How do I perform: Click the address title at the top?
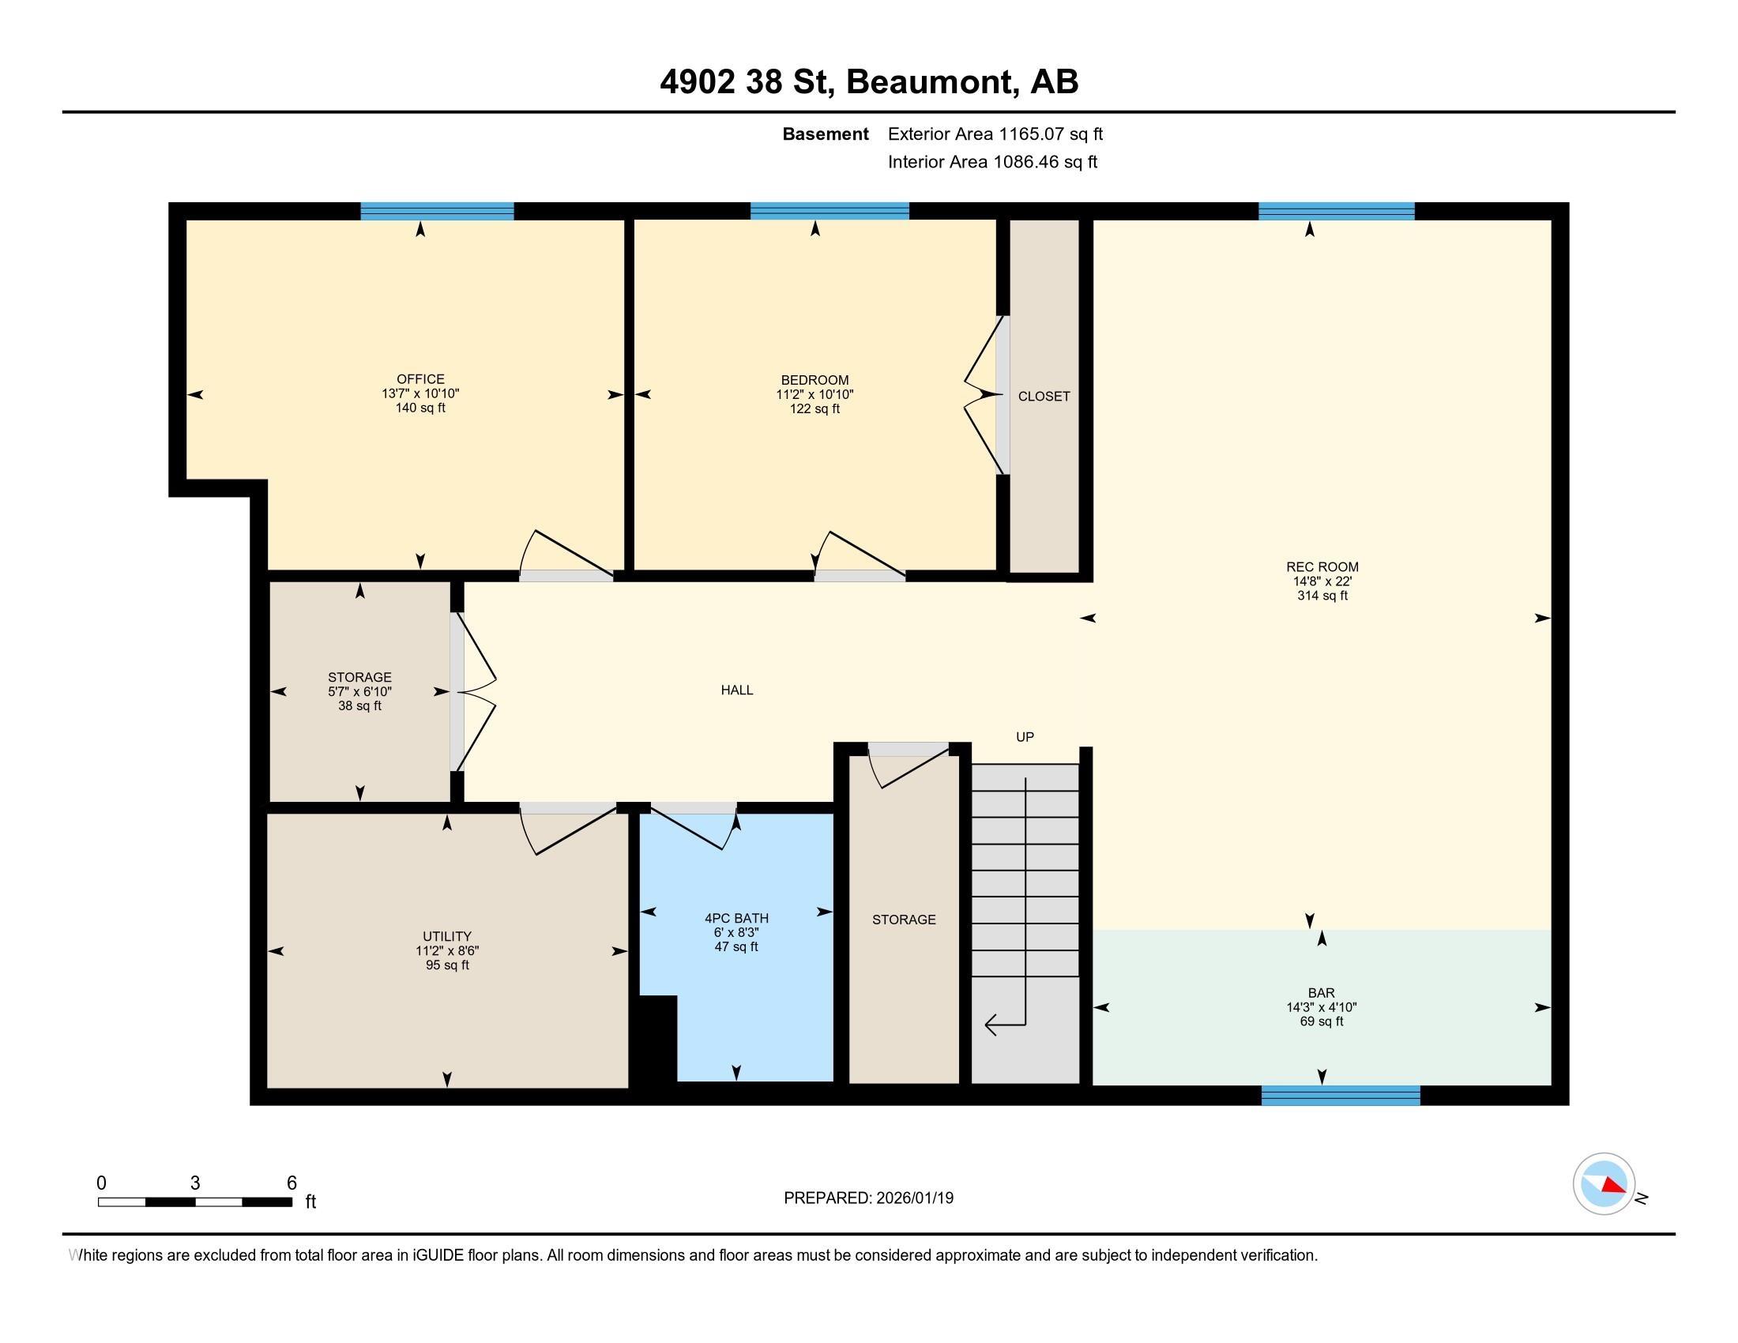click(x=869, y=82)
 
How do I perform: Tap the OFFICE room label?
click(x=420, y=379)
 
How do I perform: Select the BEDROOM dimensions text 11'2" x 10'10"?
click(x=815, y=395)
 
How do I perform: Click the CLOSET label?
click(x=1044, y=397)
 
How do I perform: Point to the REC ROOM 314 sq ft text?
click(x=1322, y=596)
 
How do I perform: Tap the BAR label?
click(x=1322, y=993)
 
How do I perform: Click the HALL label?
click(x=737, y=690)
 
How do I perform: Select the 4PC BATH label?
click(x=736, y=918)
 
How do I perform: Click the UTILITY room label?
click(x=447, y=936)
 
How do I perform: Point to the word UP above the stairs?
click(x=1025, y=738)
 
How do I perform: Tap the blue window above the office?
click(x=437, y=212)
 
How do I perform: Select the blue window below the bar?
click(x=1341, y=1096)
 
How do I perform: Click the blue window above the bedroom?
click(x=830, y=212)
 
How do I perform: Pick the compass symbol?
click(x=1604, y=1184)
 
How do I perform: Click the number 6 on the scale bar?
click(x=292, y=1183)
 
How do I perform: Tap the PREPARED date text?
click(x=868, y=1198)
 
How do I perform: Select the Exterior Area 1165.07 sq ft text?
click(x=995, y=134)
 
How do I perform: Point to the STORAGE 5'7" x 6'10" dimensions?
click(x=359, y=692)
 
